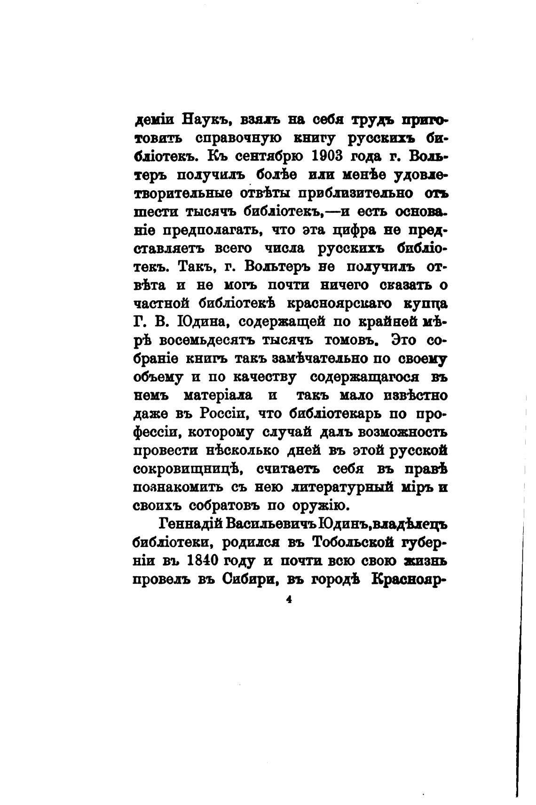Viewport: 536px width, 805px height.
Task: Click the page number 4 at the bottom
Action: point(289,600)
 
